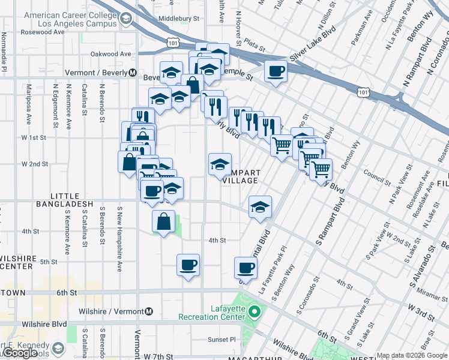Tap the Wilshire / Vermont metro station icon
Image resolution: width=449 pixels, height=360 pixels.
(149, 311)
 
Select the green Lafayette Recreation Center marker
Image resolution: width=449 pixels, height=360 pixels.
(255, 311)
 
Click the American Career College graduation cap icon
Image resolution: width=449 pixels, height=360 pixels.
(125, 20)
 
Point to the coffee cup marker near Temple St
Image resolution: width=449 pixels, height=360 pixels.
(276, 71)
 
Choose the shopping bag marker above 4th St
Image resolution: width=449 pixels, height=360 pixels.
(163, 221)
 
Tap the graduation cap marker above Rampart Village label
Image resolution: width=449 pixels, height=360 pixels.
(220, 164)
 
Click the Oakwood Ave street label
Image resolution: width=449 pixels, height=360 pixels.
(110, 53)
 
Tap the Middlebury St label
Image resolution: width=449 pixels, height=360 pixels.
(179, 19)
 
